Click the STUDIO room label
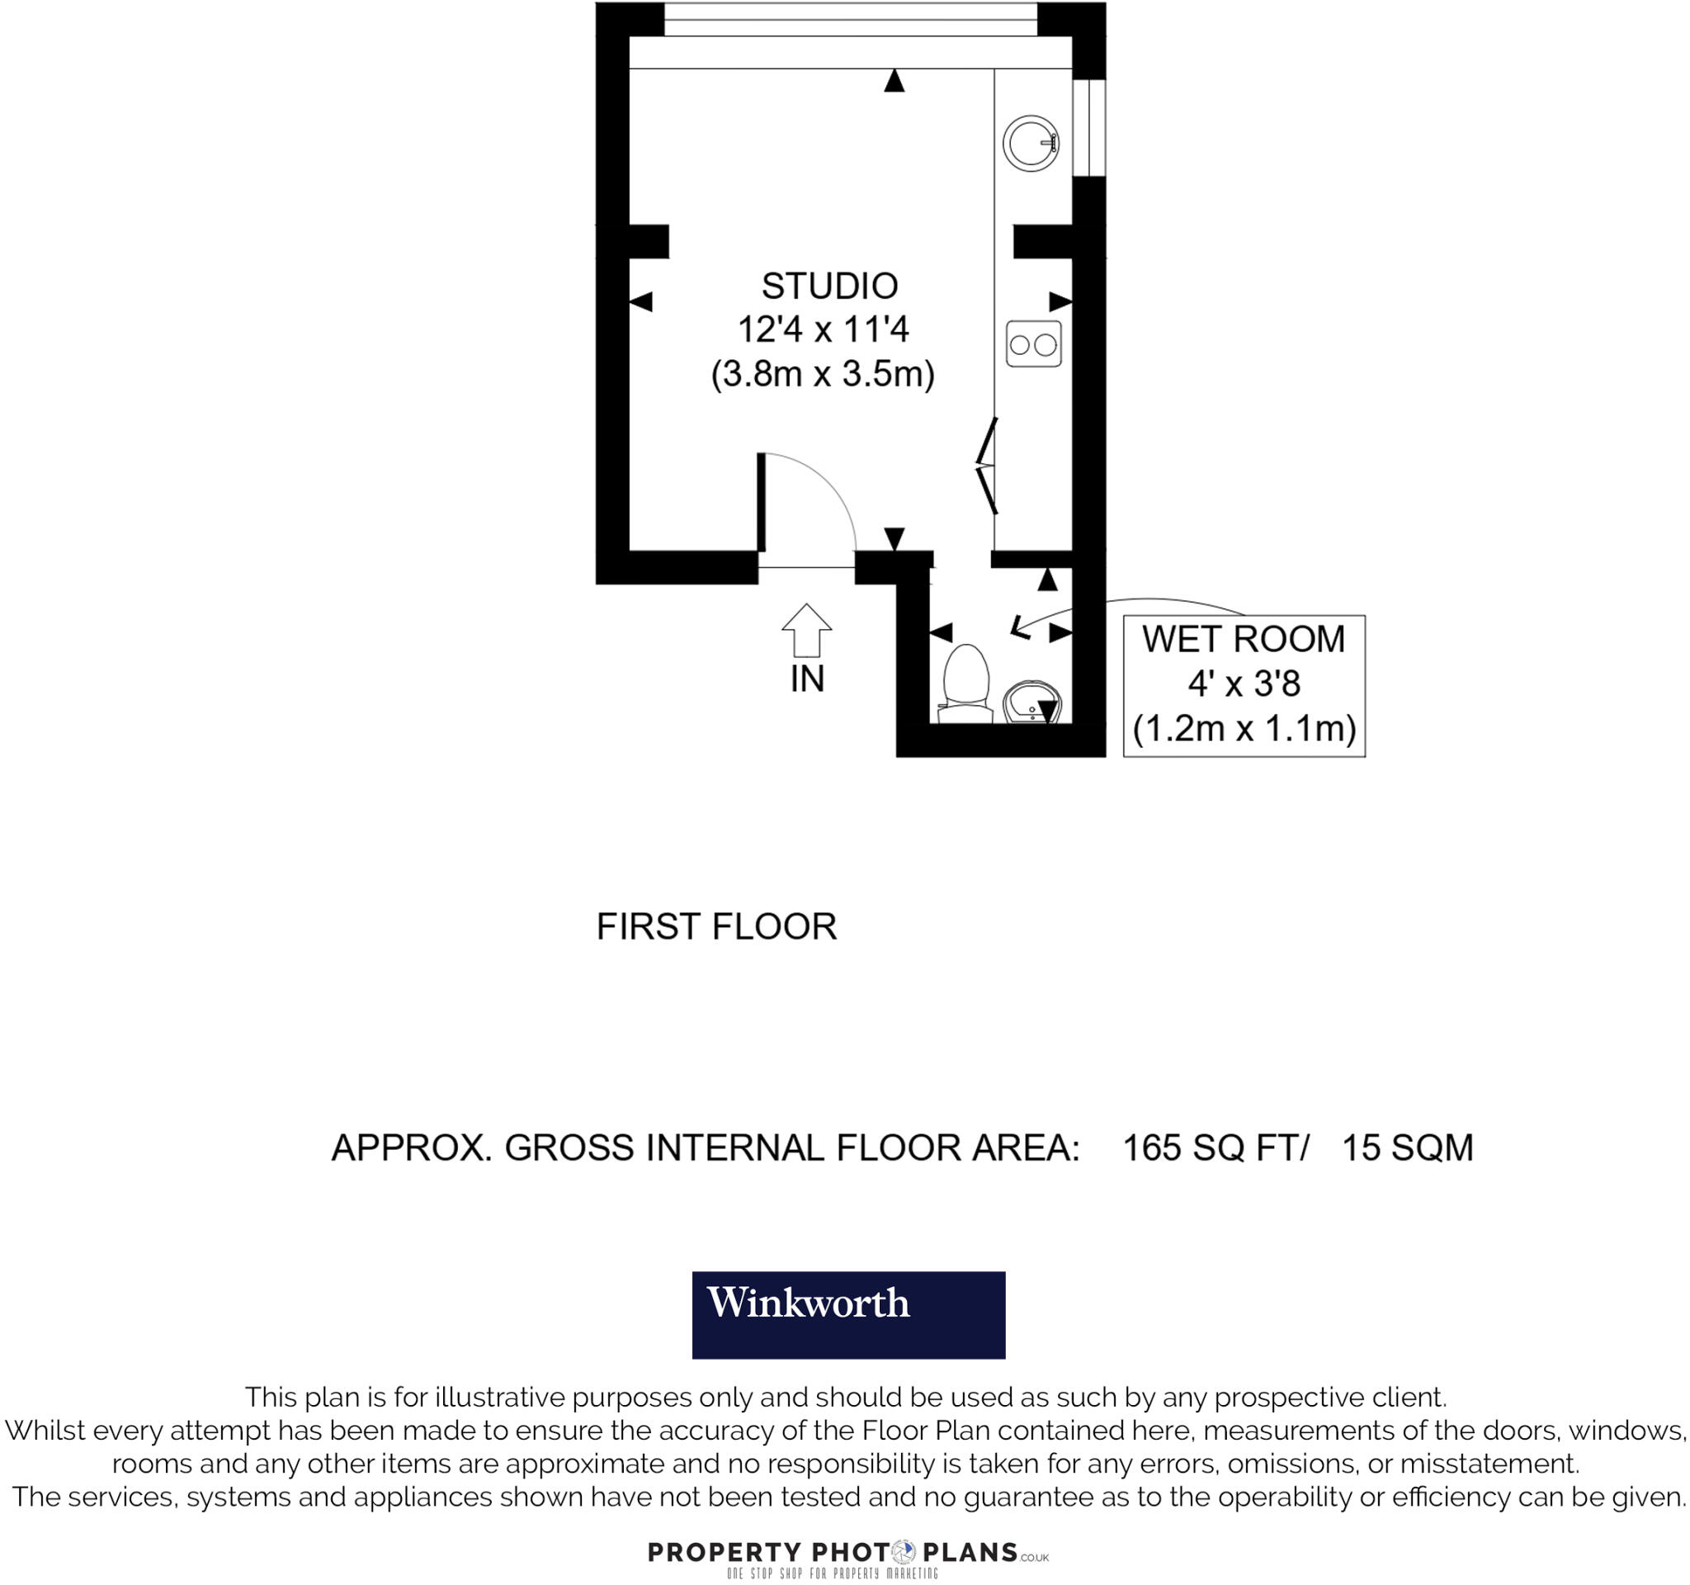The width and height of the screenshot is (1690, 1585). point(828,286)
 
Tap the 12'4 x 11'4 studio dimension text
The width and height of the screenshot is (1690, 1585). point(823,330)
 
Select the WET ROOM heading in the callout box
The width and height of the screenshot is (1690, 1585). point(1243,640)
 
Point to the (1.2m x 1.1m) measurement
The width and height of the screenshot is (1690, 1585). point(1244,729)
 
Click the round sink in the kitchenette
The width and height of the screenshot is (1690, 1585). point(1031,143)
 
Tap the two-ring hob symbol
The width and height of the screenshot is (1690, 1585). point(1033,344)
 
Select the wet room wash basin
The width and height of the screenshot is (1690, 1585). point(1031,703)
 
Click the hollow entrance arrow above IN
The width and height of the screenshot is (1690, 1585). point(806,630)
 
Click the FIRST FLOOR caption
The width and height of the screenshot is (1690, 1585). point(715,927)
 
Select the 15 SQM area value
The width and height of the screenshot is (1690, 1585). point(1407,1148)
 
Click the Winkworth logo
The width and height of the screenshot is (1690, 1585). point(847,1314)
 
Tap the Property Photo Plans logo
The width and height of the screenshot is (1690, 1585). point(847,1553)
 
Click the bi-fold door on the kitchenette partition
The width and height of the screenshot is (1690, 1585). point(987,466)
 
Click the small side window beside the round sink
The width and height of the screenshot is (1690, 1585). point(1089,128)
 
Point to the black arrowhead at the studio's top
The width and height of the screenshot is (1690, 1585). point(894,81)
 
